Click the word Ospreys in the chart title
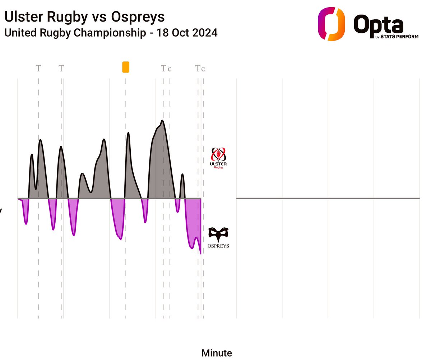click(138, 17)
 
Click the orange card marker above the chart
click(126, 67)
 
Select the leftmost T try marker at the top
click(38, 68)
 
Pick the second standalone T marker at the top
click(61, 68)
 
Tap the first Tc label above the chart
click(166, 68)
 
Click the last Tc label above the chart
click(200, 68)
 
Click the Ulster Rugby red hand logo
click(218, 155)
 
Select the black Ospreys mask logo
click(218, 234)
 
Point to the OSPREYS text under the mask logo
click(218, 246)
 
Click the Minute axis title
click(217, 353)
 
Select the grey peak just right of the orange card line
click(128, 134)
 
